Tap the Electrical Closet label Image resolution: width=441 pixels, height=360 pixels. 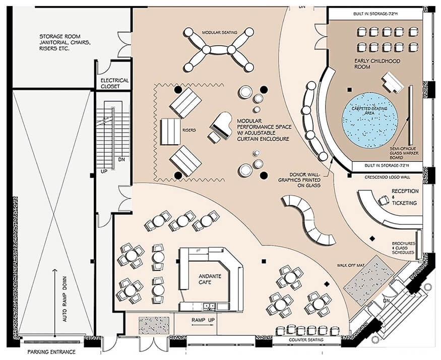pyautogui.click(x=115, y=83)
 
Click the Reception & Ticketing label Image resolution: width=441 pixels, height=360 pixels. pyautogui.click(x=404, y=197)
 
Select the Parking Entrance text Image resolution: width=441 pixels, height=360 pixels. pyautogui.click(x=51, y=352)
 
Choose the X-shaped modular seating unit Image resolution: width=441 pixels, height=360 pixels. pyautogui.click(x=218, y=50)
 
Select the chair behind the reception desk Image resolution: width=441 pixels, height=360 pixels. pyautogui.click(x=383, y=201)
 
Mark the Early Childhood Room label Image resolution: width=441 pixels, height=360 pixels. pyautogui.click(x=377, y=64)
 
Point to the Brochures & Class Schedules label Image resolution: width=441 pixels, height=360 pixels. pyautogui.click(x=403, y=247)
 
